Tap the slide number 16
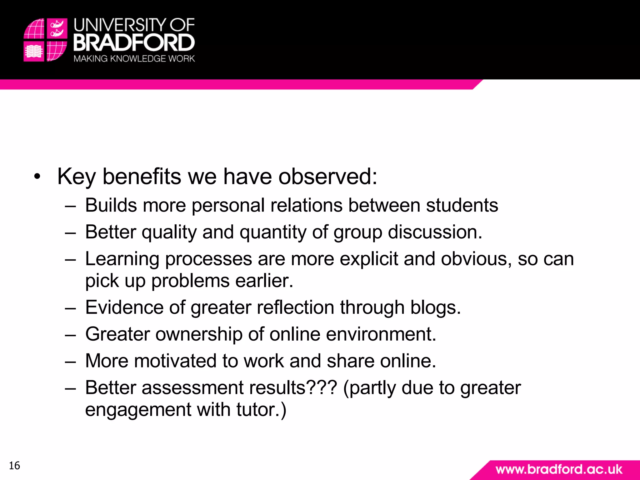click(x=14, y=466)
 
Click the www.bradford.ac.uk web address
click(x=559, y=469)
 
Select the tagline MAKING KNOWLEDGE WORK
click(x=134, y=59)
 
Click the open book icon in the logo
click(x=34, y=51)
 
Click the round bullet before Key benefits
click(x=37, y=177)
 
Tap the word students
click(x=462, y=206)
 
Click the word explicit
click(x=369, y=259)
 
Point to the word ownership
click(x=199, y=334)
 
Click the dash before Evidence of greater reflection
click(x=71, y=308)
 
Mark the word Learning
click(x=122, y=259)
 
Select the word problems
click(x=190, y=281)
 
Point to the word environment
click(x=381, y=334)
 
